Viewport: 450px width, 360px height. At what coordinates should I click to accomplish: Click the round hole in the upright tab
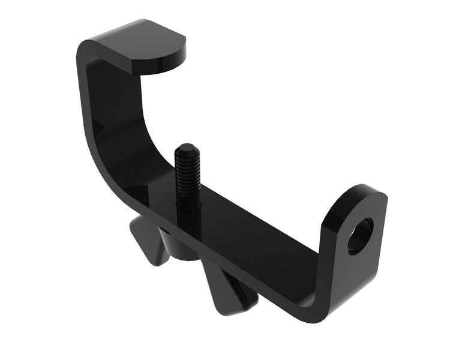coord(360,236)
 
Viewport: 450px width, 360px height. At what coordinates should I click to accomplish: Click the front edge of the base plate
coord(240,264)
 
